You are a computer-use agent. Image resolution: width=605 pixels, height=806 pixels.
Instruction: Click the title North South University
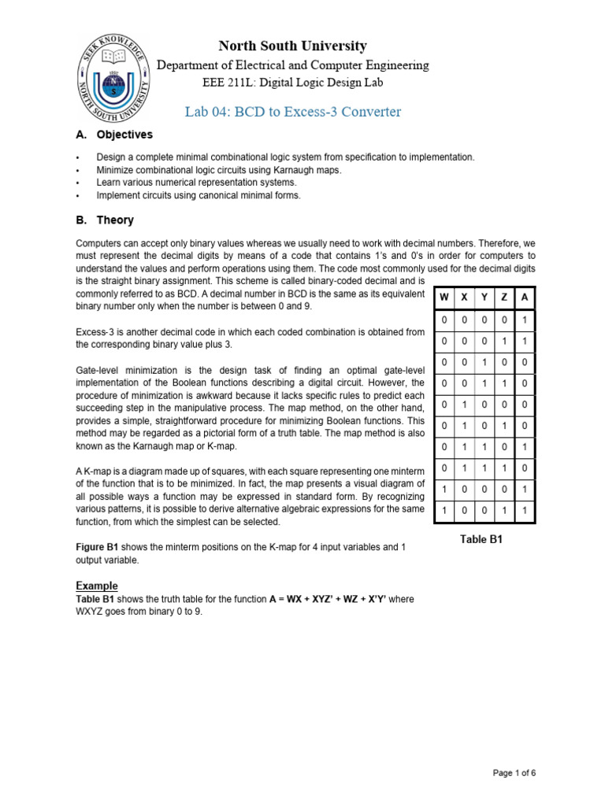pos(292,46)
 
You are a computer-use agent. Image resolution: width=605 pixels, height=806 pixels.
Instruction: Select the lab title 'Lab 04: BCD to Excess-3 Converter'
pos(292,112)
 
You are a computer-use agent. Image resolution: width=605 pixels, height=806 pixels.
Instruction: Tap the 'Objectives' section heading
pos(124,135)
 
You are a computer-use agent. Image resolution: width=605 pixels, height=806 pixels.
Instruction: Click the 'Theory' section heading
pos(115,220)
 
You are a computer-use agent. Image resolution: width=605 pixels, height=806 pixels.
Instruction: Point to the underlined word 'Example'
pos(97,586)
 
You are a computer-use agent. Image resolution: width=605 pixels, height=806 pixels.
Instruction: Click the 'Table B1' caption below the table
pos(481,540)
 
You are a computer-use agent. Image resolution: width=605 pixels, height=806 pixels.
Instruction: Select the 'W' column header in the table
pos(444,298)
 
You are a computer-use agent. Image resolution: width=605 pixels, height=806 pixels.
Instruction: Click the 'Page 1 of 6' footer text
pos(514,773)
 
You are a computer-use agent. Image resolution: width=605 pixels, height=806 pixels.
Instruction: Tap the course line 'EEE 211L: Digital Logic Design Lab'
pos(292,83)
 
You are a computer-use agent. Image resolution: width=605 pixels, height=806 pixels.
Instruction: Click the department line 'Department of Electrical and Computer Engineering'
pos(292,65)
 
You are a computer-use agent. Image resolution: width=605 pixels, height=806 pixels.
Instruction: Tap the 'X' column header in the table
pos(465,298)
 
